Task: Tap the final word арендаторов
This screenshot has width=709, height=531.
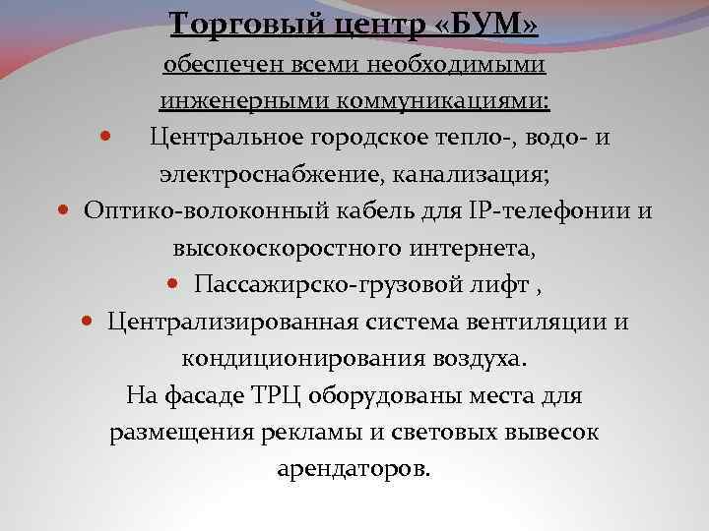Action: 354,469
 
